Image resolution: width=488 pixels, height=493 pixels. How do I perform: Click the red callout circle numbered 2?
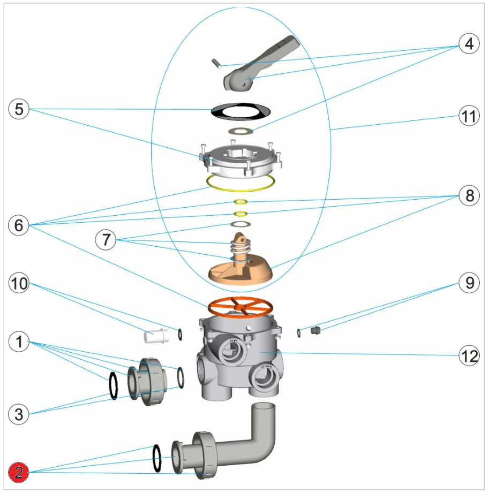click(x=19, y=473)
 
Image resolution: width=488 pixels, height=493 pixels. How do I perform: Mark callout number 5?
click(x=19, y=109)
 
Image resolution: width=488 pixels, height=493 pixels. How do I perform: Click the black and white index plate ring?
click(x=239, y=111)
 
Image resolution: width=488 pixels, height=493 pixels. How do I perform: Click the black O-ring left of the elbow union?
click(x=157, y=458)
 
